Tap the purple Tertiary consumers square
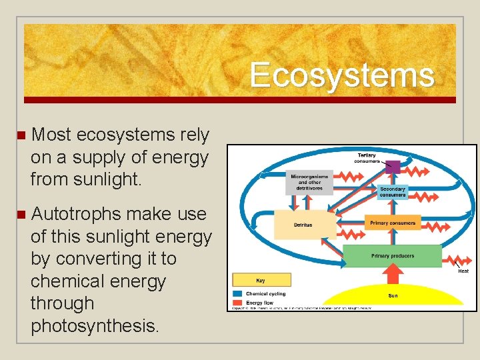[x=393, y=167]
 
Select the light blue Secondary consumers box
[x=393, y=192]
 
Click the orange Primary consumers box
[x=392, y=223]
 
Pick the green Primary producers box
[x=392, y=256]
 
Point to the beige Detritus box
[x=303, y=225]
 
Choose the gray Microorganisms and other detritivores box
[x=309, y=182]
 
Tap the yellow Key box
[x=261, y=280]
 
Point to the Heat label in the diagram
[x=463, y=271]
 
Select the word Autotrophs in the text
[x=76, y=214]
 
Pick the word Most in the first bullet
[x=51, y=135]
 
